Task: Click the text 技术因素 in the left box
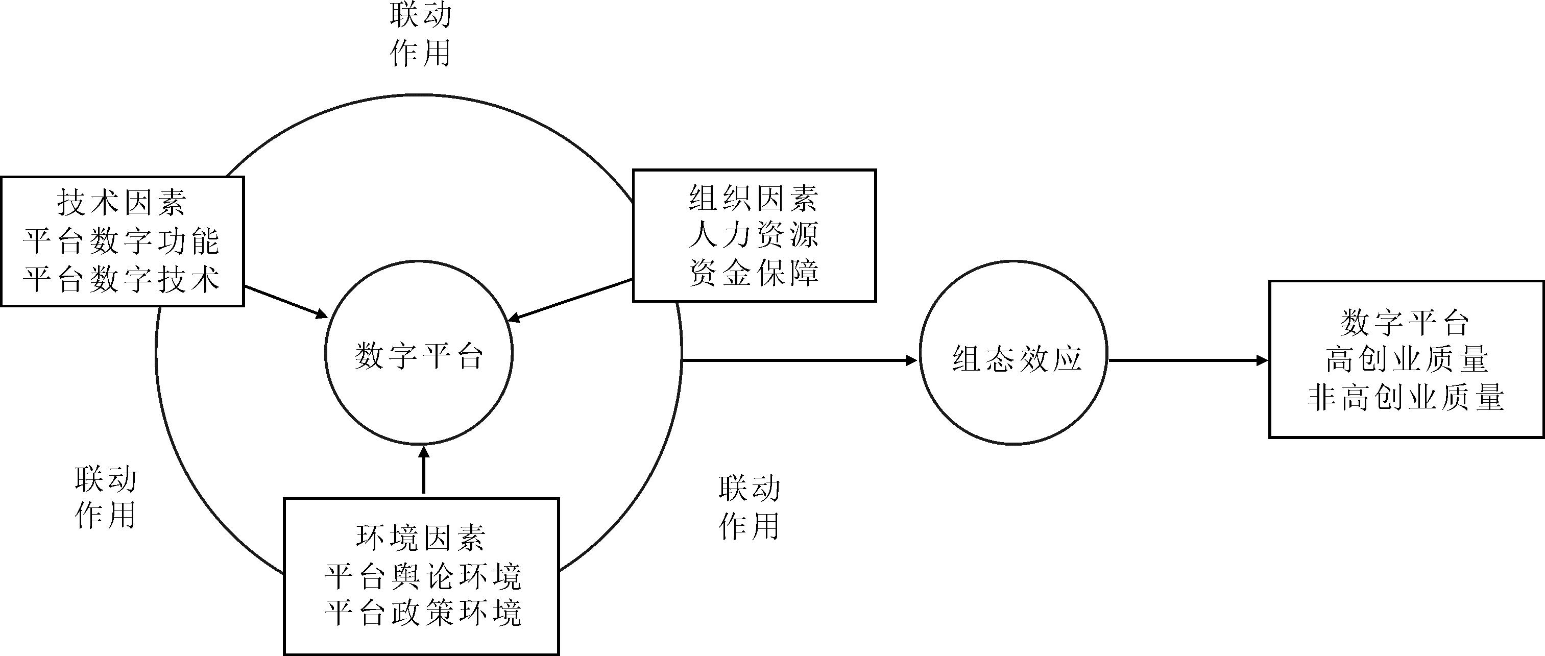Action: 122,202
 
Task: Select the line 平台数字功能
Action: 122,241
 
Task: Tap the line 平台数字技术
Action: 122,279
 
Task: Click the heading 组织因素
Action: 754,198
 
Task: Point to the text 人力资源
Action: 754,234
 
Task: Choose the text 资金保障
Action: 754,273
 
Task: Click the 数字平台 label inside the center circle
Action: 419,356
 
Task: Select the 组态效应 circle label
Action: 1017,358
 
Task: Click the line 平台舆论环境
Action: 423,577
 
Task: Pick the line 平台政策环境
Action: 423,613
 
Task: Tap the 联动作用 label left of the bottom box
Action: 106,497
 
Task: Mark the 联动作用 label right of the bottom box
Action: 749,507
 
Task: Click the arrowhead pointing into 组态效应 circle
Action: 910,360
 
